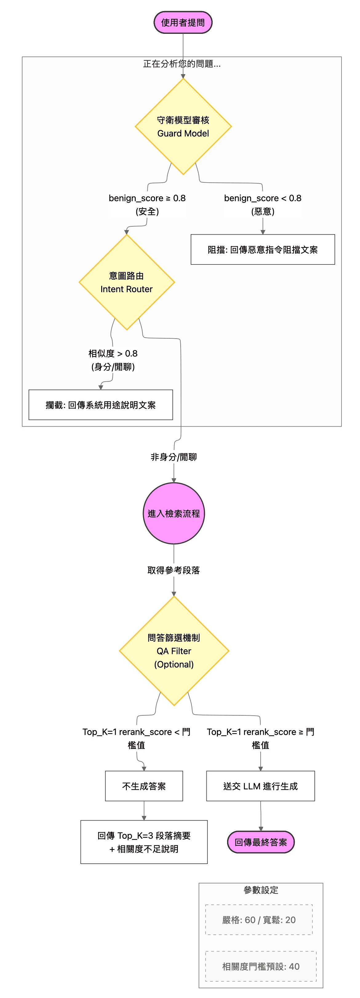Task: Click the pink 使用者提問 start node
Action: (x=183, y=22)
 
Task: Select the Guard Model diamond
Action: (x=183, y=127)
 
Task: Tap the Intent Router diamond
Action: (x=126, y=282)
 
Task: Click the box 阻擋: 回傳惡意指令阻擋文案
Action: (x=263, y=249)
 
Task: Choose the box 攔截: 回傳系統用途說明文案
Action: (x=101, y=405)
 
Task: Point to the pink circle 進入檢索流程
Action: (x=174, y=513)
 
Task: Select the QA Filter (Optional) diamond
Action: (x=174, y=651)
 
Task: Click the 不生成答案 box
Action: (x=144, y=786)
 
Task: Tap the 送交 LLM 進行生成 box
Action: (x=260, y=786)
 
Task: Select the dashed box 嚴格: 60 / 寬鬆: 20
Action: (x=259, y=920)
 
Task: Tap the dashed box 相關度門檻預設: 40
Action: (x=261, y=966)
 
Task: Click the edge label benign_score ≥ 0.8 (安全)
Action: (x=147, y=205)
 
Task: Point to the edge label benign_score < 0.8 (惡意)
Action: (x=263, y=205)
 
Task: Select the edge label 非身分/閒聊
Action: (x=174, y=457)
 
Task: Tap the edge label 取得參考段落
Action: (x=174, y=570)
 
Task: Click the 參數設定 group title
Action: (x=261, y=890)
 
